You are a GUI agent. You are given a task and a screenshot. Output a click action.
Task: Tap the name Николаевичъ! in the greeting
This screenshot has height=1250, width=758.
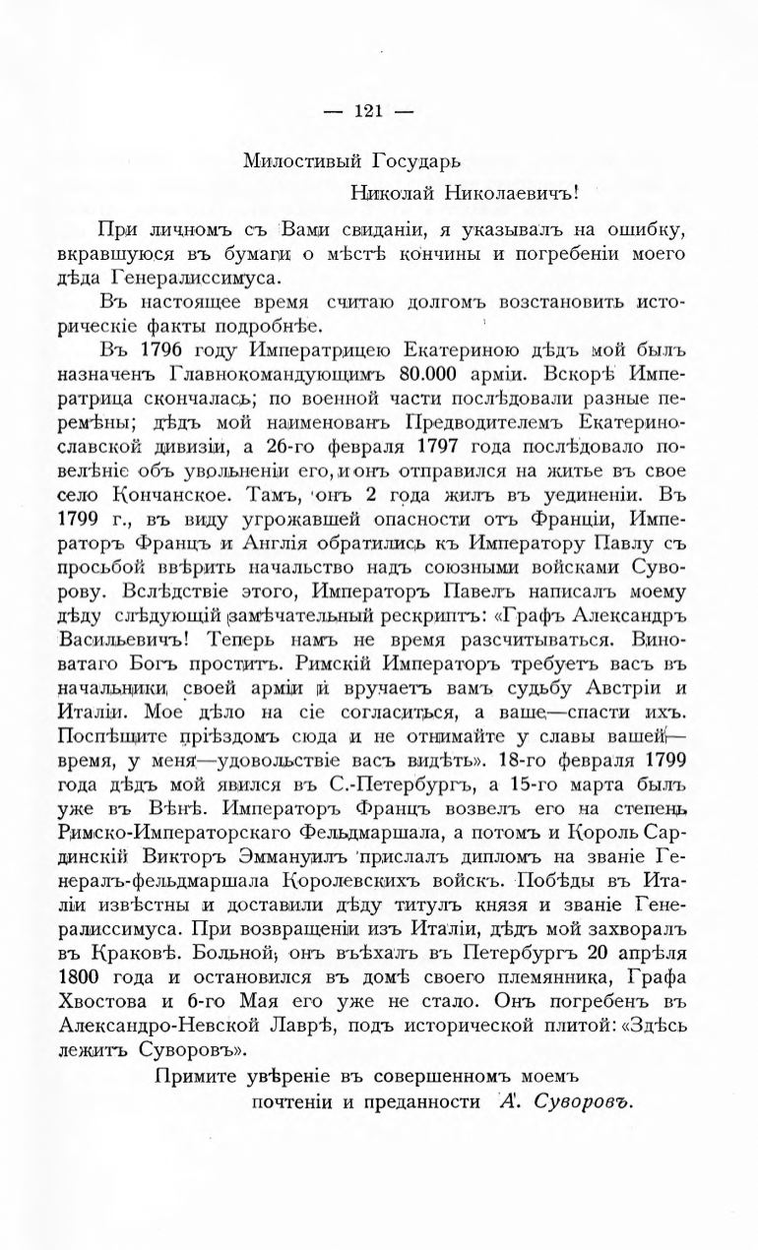pyautogui.click(x=519, y=193)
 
